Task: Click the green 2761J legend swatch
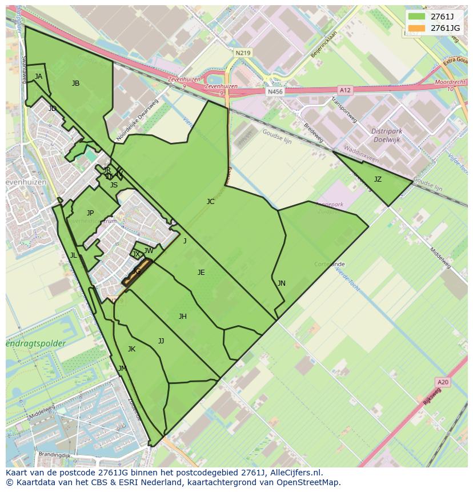417,17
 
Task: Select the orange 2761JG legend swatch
417,28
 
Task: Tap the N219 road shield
243,53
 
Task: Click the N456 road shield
275,91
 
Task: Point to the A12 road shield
345,90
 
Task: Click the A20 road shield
442,382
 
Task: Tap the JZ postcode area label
378,179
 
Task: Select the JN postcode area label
281,283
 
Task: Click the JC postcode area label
210,202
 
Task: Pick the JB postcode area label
75,83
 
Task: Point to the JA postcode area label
38,77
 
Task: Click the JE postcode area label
201,273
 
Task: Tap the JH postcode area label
182,317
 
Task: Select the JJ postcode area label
161,341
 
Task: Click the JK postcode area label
131,349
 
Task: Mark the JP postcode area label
90,213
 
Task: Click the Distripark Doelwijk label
387,135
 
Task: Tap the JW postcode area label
149,251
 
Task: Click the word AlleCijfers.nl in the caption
295,473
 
